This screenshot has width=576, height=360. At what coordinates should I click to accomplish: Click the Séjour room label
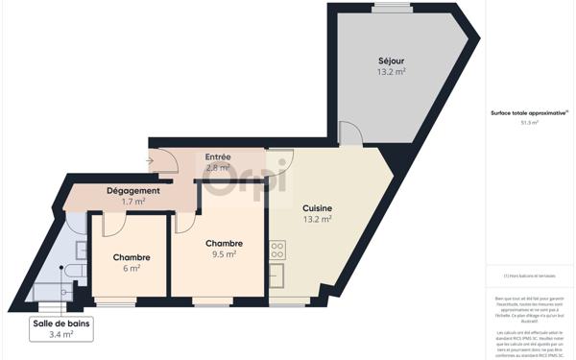point(391,60)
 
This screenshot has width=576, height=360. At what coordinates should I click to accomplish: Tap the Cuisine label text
point(317,207)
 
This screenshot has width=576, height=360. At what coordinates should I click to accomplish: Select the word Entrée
point(218,156)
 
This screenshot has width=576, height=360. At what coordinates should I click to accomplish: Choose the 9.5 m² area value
point(224,254)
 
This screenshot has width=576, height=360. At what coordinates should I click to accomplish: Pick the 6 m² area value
point(131,269)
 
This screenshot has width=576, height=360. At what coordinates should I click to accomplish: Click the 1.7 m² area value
point(133,202)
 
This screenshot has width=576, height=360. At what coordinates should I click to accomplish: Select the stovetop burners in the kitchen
point(276,250)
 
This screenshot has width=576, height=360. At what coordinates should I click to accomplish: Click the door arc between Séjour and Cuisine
point(350,134)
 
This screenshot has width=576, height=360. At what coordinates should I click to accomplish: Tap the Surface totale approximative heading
point(529,113)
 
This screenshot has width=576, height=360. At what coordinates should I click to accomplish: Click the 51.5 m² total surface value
point(529,123)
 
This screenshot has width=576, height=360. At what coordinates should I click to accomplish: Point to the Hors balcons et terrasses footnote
point(529,276)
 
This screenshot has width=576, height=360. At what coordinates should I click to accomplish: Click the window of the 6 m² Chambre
point(115,304)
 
